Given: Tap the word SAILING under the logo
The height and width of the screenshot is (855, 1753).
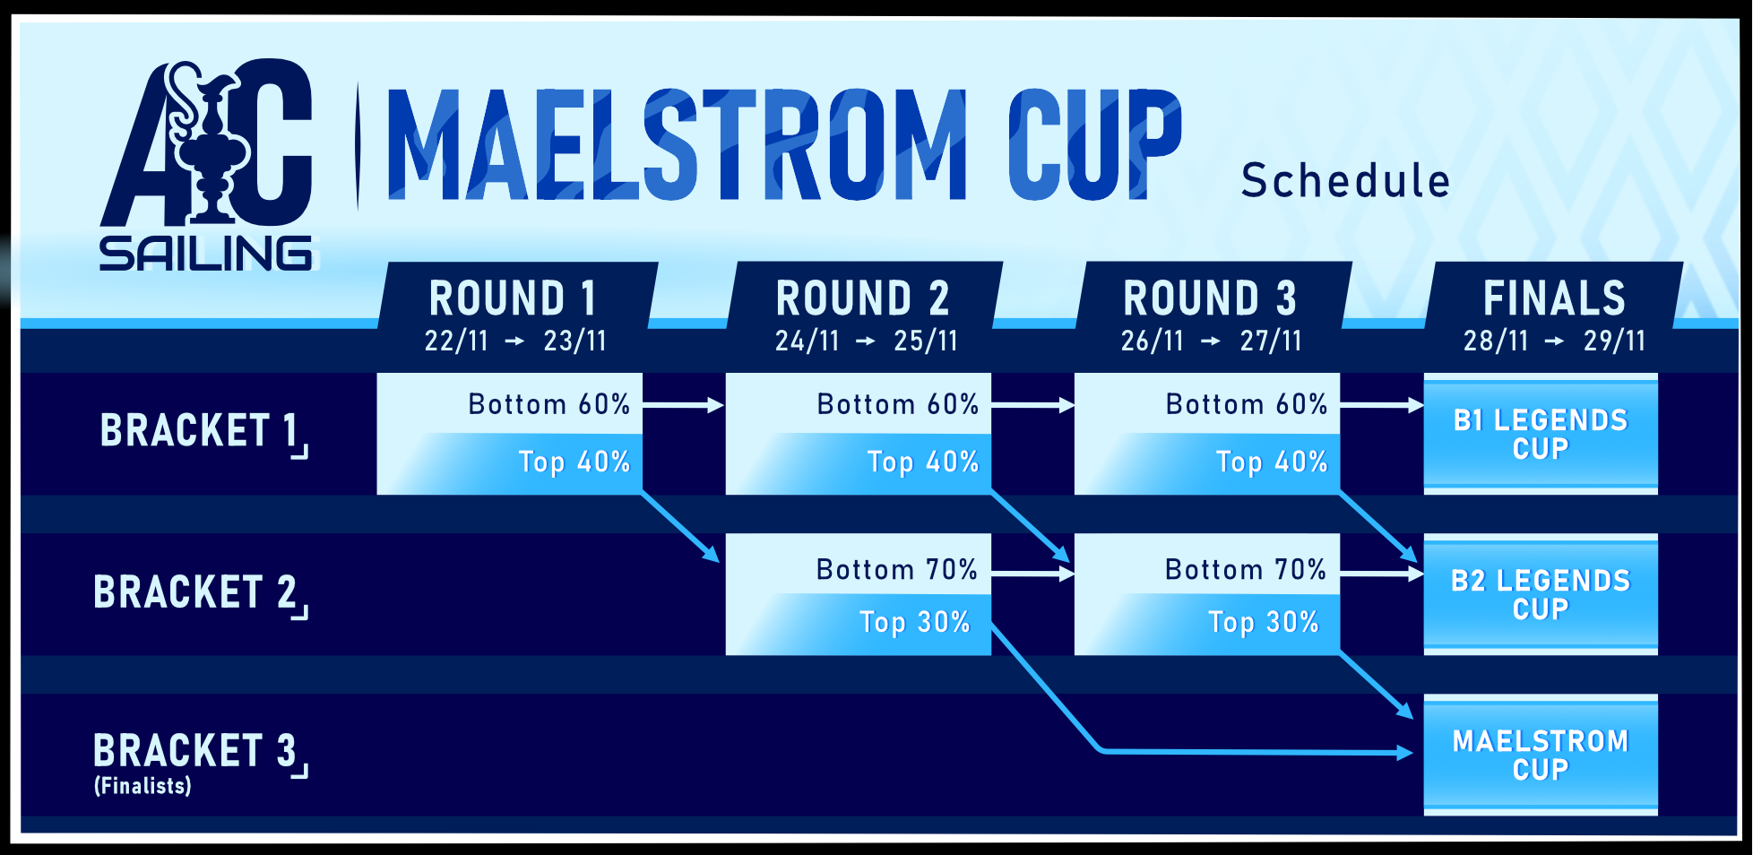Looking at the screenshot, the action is click(x=207, y=254).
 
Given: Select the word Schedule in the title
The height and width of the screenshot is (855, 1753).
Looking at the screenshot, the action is click(x=1345, y=180).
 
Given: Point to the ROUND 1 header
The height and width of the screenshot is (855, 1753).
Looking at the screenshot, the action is click(x=513, y=298).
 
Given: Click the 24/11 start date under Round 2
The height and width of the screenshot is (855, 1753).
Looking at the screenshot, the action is click(x=807, y=341).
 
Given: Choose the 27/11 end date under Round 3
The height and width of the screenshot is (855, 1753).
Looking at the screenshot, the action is click(x=1271, y=341).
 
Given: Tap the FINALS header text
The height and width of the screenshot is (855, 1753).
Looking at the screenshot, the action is click(x=1554, y=298).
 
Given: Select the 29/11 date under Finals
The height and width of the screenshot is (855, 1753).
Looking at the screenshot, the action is click(x=1614, y=341).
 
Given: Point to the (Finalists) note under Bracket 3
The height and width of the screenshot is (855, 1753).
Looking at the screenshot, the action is click(x=142, y=786).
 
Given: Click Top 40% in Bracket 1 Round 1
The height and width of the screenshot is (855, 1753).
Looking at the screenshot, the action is click(x=574, y=462).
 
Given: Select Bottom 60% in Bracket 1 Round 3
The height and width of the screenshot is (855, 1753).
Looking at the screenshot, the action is click(x=1247, y=404).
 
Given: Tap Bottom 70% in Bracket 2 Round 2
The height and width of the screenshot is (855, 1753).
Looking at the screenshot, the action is click(x=896, y=569).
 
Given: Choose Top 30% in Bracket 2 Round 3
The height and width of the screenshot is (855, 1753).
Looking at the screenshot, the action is click(x=1264, y=622).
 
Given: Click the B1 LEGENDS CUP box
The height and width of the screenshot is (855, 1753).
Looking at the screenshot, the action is click(x=1541, y=434).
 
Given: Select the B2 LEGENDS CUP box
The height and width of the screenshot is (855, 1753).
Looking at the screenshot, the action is click(x=1541, y=594).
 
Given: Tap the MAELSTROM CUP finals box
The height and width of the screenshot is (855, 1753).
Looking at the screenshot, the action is click(x=1541, y=755).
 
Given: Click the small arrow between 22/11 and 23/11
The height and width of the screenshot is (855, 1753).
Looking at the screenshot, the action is click(x=515, y=341).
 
